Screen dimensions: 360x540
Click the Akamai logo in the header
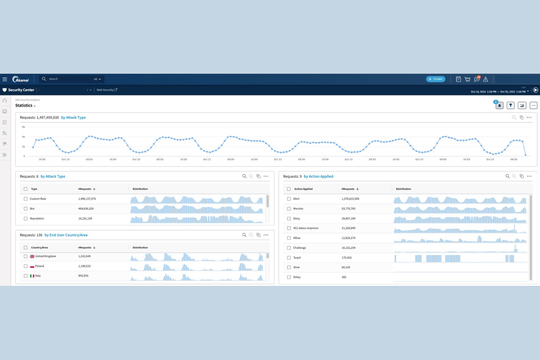pos(20,79)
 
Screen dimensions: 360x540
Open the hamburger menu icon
pos(5,79)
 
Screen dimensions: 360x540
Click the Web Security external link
pos(107,90)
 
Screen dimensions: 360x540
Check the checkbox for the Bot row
pos(26,209)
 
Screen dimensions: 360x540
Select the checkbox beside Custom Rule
pos(26,199)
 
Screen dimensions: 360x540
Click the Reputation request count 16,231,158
pos(85,218)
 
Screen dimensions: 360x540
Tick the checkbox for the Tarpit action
pos(289,258)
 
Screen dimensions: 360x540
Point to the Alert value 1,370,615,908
pos(350,199)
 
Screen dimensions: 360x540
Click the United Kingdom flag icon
pos(32,256)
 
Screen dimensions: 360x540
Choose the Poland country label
pos(39,266)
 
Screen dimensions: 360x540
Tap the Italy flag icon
pos(32,276)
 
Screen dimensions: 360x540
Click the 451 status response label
pos(306,228)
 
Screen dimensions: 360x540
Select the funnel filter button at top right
pos(510,105)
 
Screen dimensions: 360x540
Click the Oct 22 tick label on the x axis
pos(278,159)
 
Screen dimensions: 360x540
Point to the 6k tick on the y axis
pos(23,127)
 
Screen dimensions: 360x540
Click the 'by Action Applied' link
pos(319,177)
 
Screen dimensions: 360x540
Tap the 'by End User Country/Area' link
pos(66,235)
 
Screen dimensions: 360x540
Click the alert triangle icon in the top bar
pos(486,79)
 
